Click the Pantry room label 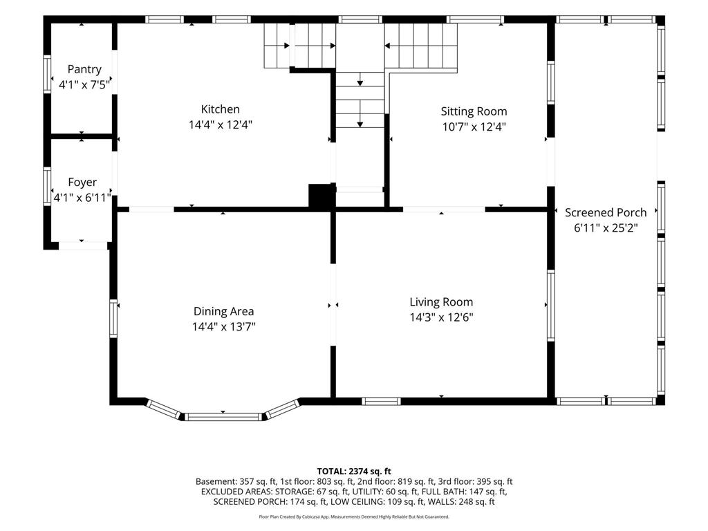(x=84, y=69)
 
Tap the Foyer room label (x=82, y=182)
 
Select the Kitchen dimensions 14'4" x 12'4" (x=221, y=124)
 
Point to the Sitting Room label (x=474, y=111)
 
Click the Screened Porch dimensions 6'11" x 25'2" (x=606, y=227)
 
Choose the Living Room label (x=441, y=302)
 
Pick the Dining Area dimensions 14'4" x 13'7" (x=223, y=326)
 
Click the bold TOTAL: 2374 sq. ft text (x=354, y=472)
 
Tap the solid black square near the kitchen (x=321, y=197)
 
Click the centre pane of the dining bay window (x=223, y=417)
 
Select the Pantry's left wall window (x=47, y=74)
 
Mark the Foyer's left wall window (x=47, y=187)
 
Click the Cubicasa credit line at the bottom (x=354, y=516)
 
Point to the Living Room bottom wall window (x=381, y=402)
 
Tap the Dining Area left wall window (x=113, y=318)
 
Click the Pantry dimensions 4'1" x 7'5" (x=84, y=84)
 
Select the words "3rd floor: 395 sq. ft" (x=475, y=482)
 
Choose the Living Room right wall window (x=551, y=306)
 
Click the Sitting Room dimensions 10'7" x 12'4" (x=474, y=127)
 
